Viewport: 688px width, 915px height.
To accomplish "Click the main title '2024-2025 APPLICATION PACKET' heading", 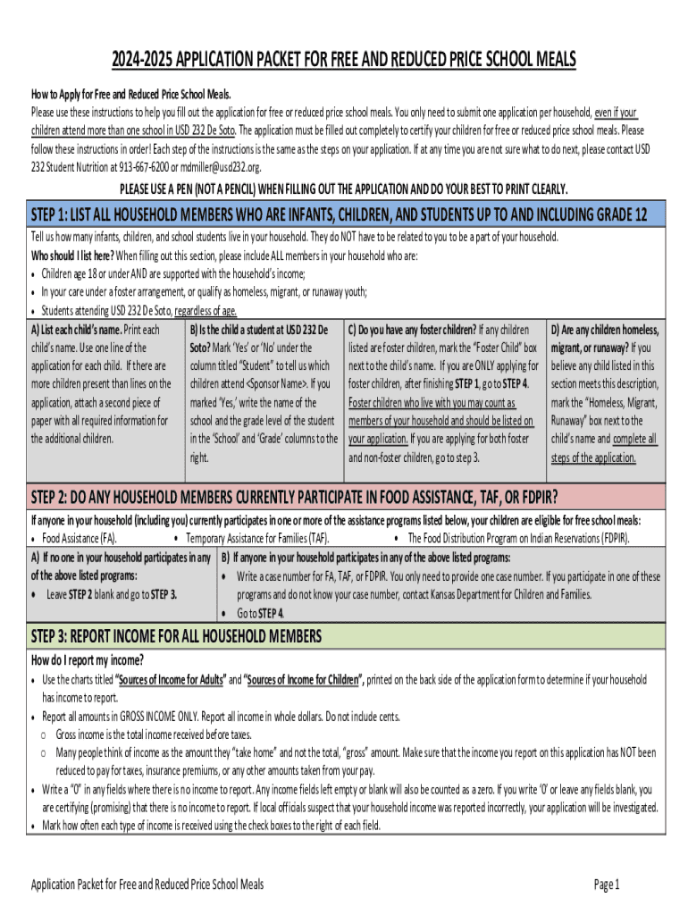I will (344, 61).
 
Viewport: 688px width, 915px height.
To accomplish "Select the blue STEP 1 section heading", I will (340, 215).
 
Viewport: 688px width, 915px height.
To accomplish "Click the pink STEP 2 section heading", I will (295, 497).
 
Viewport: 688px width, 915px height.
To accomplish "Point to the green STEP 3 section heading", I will (176, 636).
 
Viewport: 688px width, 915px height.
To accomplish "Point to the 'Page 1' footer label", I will (607, 885).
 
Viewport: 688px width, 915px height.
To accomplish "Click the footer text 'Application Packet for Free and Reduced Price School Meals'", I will (147, 885).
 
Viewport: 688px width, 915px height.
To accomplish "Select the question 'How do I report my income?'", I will (88, 660).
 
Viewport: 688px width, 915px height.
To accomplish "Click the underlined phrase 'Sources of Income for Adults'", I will (172, 680).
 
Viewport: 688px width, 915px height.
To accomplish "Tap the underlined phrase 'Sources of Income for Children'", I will (303, 680).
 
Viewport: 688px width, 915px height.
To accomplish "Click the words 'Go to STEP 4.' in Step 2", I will (260, 613).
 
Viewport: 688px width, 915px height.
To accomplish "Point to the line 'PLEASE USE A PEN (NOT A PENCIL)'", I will (344, 189).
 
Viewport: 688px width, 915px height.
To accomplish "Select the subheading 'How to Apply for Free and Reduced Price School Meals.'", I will (131, 95).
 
